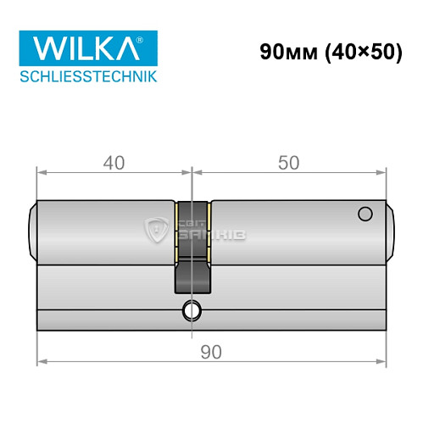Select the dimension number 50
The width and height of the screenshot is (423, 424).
[x=288, y=162]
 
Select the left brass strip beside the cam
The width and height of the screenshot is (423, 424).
[x=176, y=229]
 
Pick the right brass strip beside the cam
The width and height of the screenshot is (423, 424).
[x=209, y=229]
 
